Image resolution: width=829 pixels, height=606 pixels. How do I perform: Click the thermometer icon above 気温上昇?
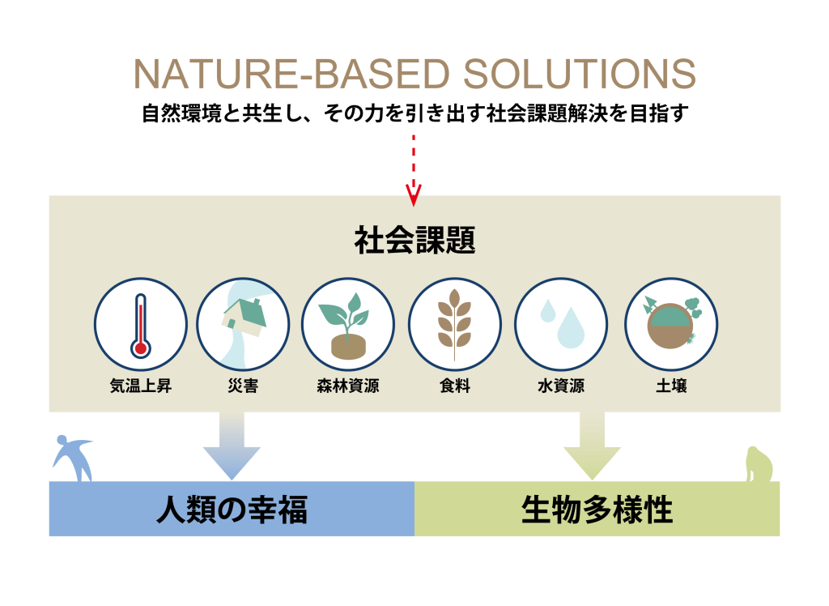141,325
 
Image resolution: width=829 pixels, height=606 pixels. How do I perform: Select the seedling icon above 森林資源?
348,324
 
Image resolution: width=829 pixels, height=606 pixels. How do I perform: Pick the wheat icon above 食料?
454,324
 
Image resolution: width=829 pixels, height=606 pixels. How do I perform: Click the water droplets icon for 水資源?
561,324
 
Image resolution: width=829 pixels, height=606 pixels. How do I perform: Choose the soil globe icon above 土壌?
671,324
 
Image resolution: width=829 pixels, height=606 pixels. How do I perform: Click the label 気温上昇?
141,386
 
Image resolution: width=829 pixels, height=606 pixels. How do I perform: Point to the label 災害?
244,386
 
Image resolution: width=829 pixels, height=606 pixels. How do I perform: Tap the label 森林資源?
348,386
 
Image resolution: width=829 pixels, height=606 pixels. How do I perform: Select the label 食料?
454,386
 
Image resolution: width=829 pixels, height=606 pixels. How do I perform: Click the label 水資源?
561,386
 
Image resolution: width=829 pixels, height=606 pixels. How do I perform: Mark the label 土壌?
671,386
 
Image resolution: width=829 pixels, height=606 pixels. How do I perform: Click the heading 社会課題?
414,241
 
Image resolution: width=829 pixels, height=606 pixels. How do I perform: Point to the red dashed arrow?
414,170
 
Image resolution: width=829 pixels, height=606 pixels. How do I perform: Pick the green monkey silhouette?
759,465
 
